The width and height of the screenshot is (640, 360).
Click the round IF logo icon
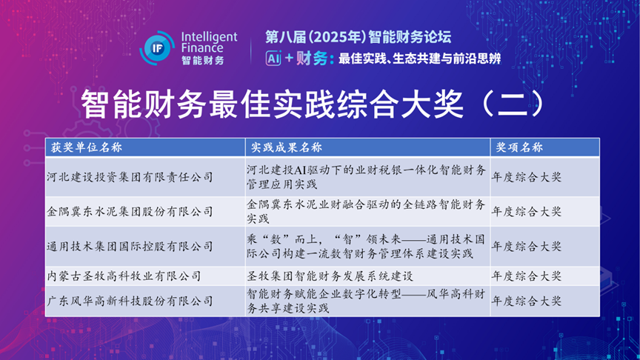[x=157, y=48]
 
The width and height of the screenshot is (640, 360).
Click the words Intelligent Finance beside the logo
[x=209, y=42]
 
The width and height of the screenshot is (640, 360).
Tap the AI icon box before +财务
[x=273, y=59]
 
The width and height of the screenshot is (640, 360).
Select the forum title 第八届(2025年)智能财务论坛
[x=359, y=37]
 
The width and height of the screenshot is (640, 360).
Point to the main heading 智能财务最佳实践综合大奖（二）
[x=313, y=104]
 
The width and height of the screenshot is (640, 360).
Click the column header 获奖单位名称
[x=87, y=147]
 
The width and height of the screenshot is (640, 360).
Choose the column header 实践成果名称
[x=287, y=147]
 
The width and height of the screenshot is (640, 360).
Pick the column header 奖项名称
[x=519, y=147]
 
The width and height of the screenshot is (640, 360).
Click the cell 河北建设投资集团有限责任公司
[x=130, y=177]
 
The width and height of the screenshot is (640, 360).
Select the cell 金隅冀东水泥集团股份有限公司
[x=130, y=211]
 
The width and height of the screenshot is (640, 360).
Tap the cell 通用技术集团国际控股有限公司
[x=130, y=246]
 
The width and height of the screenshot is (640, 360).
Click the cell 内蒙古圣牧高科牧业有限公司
[x=124, y=276]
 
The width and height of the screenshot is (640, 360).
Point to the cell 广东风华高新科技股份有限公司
[x=130, y=301]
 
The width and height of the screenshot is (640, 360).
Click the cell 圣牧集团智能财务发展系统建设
[x=330, y=276]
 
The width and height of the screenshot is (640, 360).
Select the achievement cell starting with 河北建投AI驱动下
[x=366, y=177]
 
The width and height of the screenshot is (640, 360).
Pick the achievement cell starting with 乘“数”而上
[x=366, y=246]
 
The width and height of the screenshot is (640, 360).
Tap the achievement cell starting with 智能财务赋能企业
[x=366, y=301]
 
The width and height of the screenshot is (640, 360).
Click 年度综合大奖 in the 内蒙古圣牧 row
[x=527, y=276]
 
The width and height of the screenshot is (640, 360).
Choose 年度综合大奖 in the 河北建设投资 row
[x=527, y=177]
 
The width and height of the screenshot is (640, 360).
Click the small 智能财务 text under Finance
[x=203, y=61]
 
